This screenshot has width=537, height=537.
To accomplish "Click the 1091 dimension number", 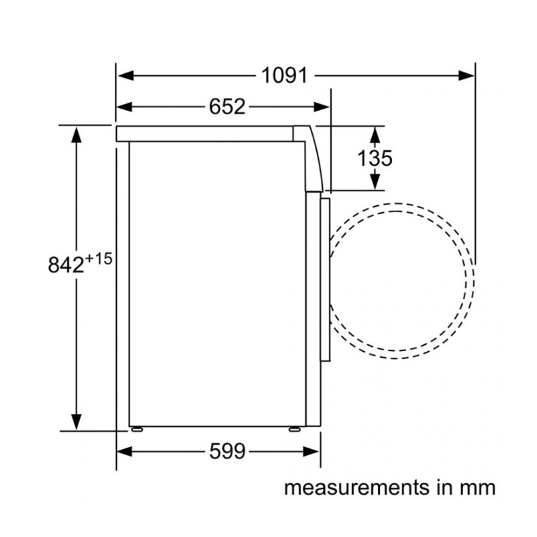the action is pos(284,75).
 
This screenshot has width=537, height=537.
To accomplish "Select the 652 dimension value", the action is pos(228,107).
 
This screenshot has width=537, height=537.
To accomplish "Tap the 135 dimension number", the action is pos(375,158).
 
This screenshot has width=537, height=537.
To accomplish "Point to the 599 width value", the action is pos(228,451).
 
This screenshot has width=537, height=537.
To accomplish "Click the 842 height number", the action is pos(66,264).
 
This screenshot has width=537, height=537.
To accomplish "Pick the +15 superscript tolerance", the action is pos(99,259).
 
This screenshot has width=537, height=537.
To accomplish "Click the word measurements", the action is pos(357,488).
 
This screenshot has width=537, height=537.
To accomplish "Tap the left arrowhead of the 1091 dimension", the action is pos(125,75).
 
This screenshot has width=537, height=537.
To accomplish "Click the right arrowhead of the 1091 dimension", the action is pos(467,75).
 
